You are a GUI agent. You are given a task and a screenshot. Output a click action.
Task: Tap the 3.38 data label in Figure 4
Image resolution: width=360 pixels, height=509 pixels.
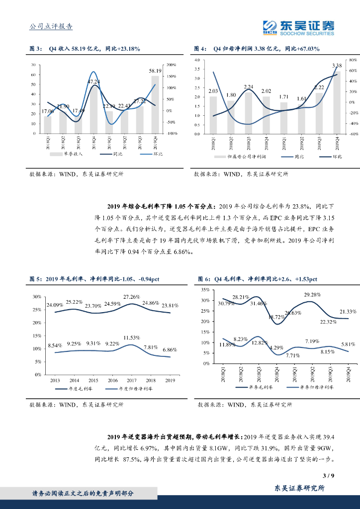(337, 66)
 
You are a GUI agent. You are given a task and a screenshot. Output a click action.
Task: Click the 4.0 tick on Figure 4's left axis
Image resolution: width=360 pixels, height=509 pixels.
(196, 60)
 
